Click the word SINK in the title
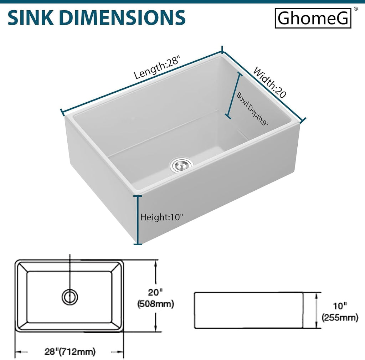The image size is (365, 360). (31, 18)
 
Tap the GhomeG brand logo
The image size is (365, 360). (313, 18)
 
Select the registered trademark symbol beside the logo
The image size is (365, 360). (355, 9)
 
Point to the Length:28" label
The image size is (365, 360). (157, 67)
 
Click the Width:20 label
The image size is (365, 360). (269, 82)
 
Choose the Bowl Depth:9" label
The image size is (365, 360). (252, 109)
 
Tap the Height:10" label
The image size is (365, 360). (161, 217)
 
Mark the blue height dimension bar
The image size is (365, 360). (138, 220)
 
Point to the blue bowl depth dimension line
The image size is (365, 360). (234, 96)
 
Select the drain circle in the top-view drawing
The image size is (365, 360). (70, 297)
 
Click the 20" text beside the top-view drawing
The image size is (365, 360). (155, 292)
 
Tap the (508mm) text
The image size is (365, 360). (156, 304)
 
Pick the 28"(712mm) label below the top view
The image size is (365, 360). (70, 351)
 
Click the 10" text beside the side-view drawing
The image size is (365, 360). (340, 306)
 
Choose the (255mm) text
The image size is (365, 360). (340, 318)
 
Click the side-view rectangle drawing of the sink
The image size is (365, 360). (248, 310)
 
